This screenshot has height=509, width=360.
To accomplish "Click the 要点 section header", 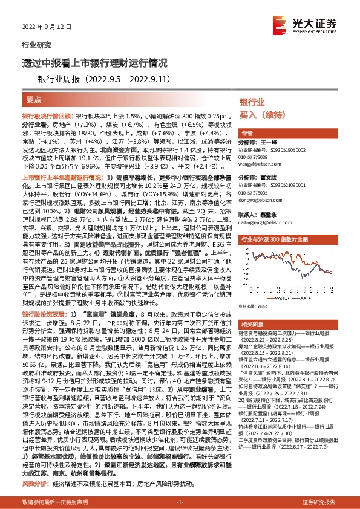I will pos(34,99).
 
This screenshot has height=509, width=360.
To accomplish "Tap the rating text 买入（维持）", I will pos(263,115).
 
